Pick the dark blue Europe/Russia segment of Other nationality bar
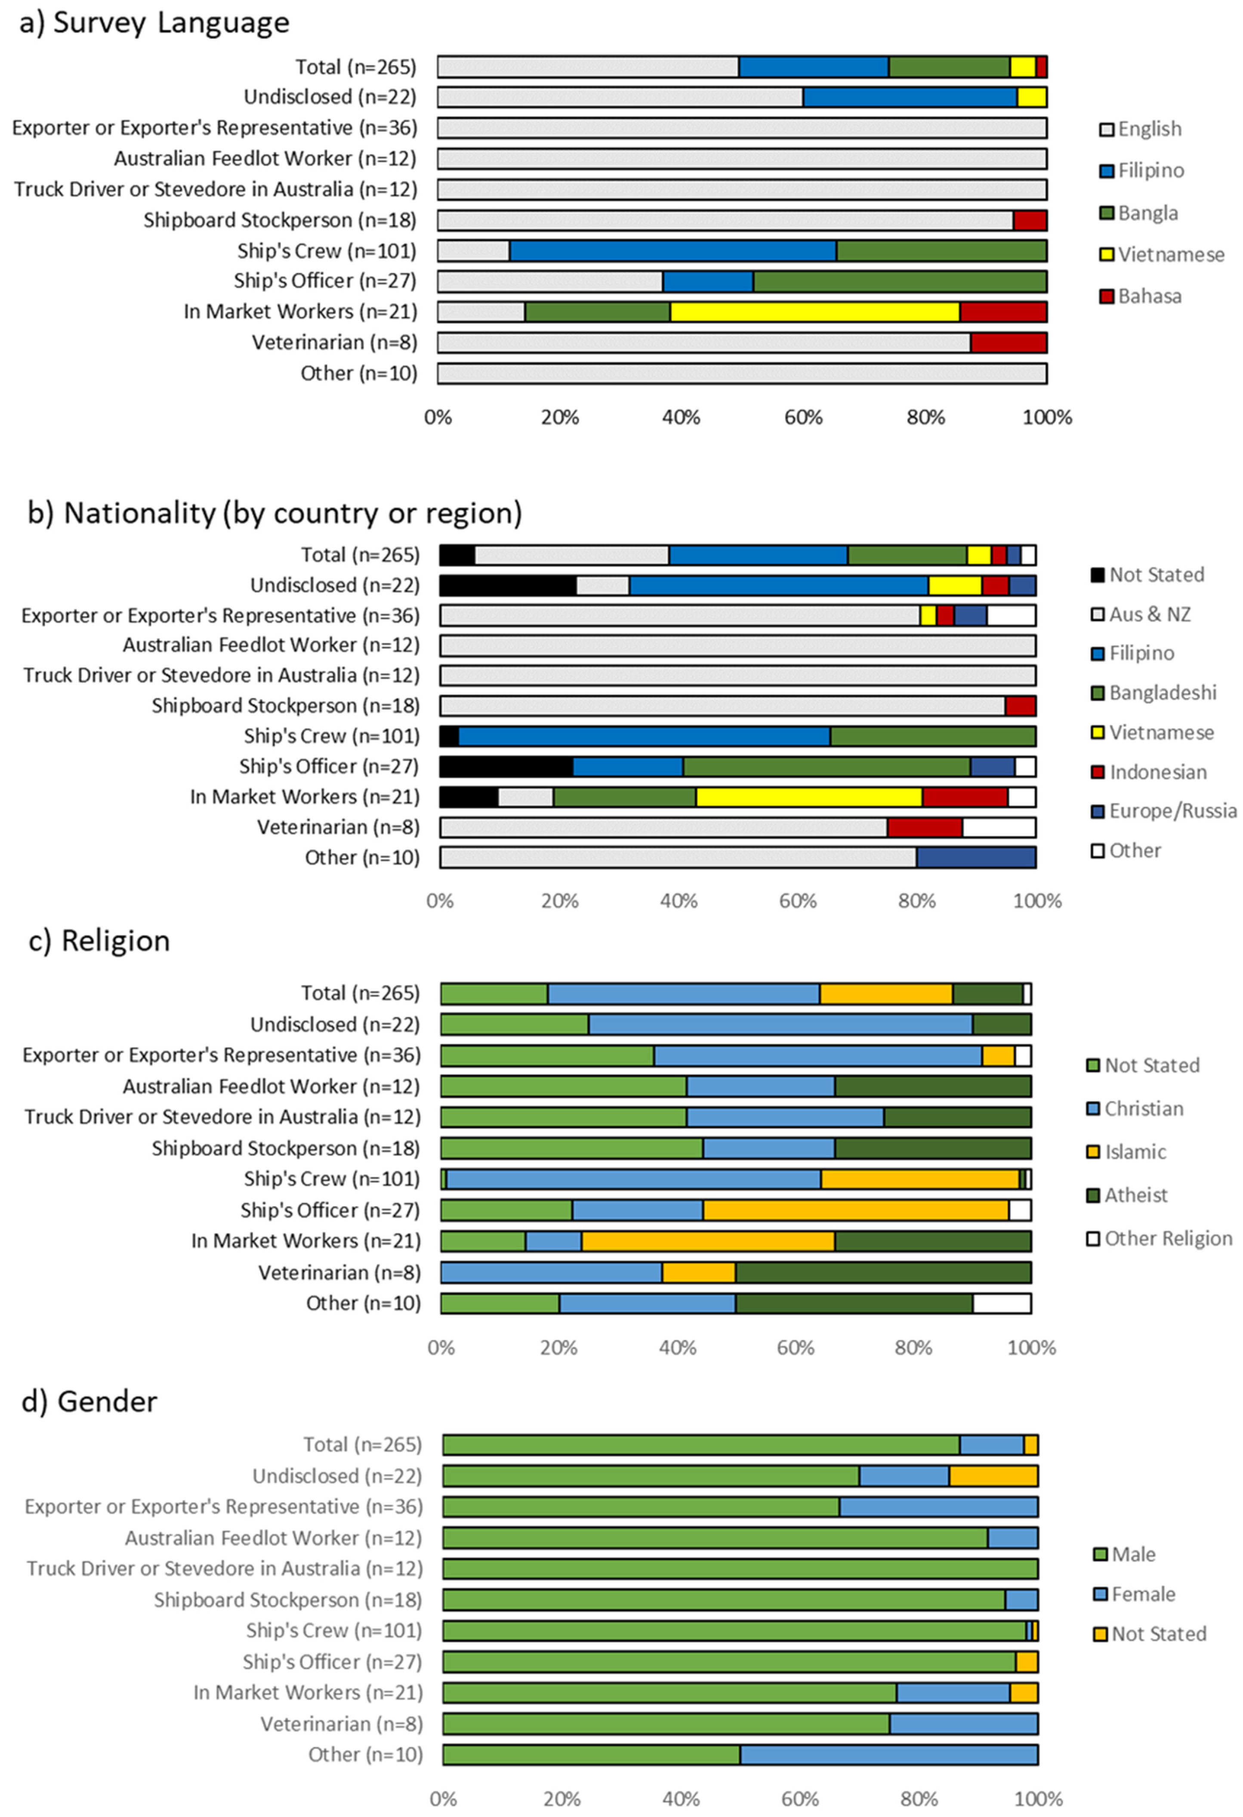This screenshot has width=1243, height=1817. [x=976, y=858]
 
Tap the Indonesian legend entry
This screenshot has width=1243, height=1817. [x=1157, y=772]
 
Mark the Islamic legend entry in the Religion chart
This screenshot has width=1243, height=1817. [x=1134, y=1152]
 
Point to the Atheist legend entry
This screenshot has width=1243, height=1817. [x=1135, y=1195]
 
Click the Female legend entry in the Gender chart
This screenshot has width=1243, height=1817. [x=1142, y=1594]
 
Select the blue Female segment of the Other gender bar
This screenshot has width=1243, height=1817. [x=889, y=1755]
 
